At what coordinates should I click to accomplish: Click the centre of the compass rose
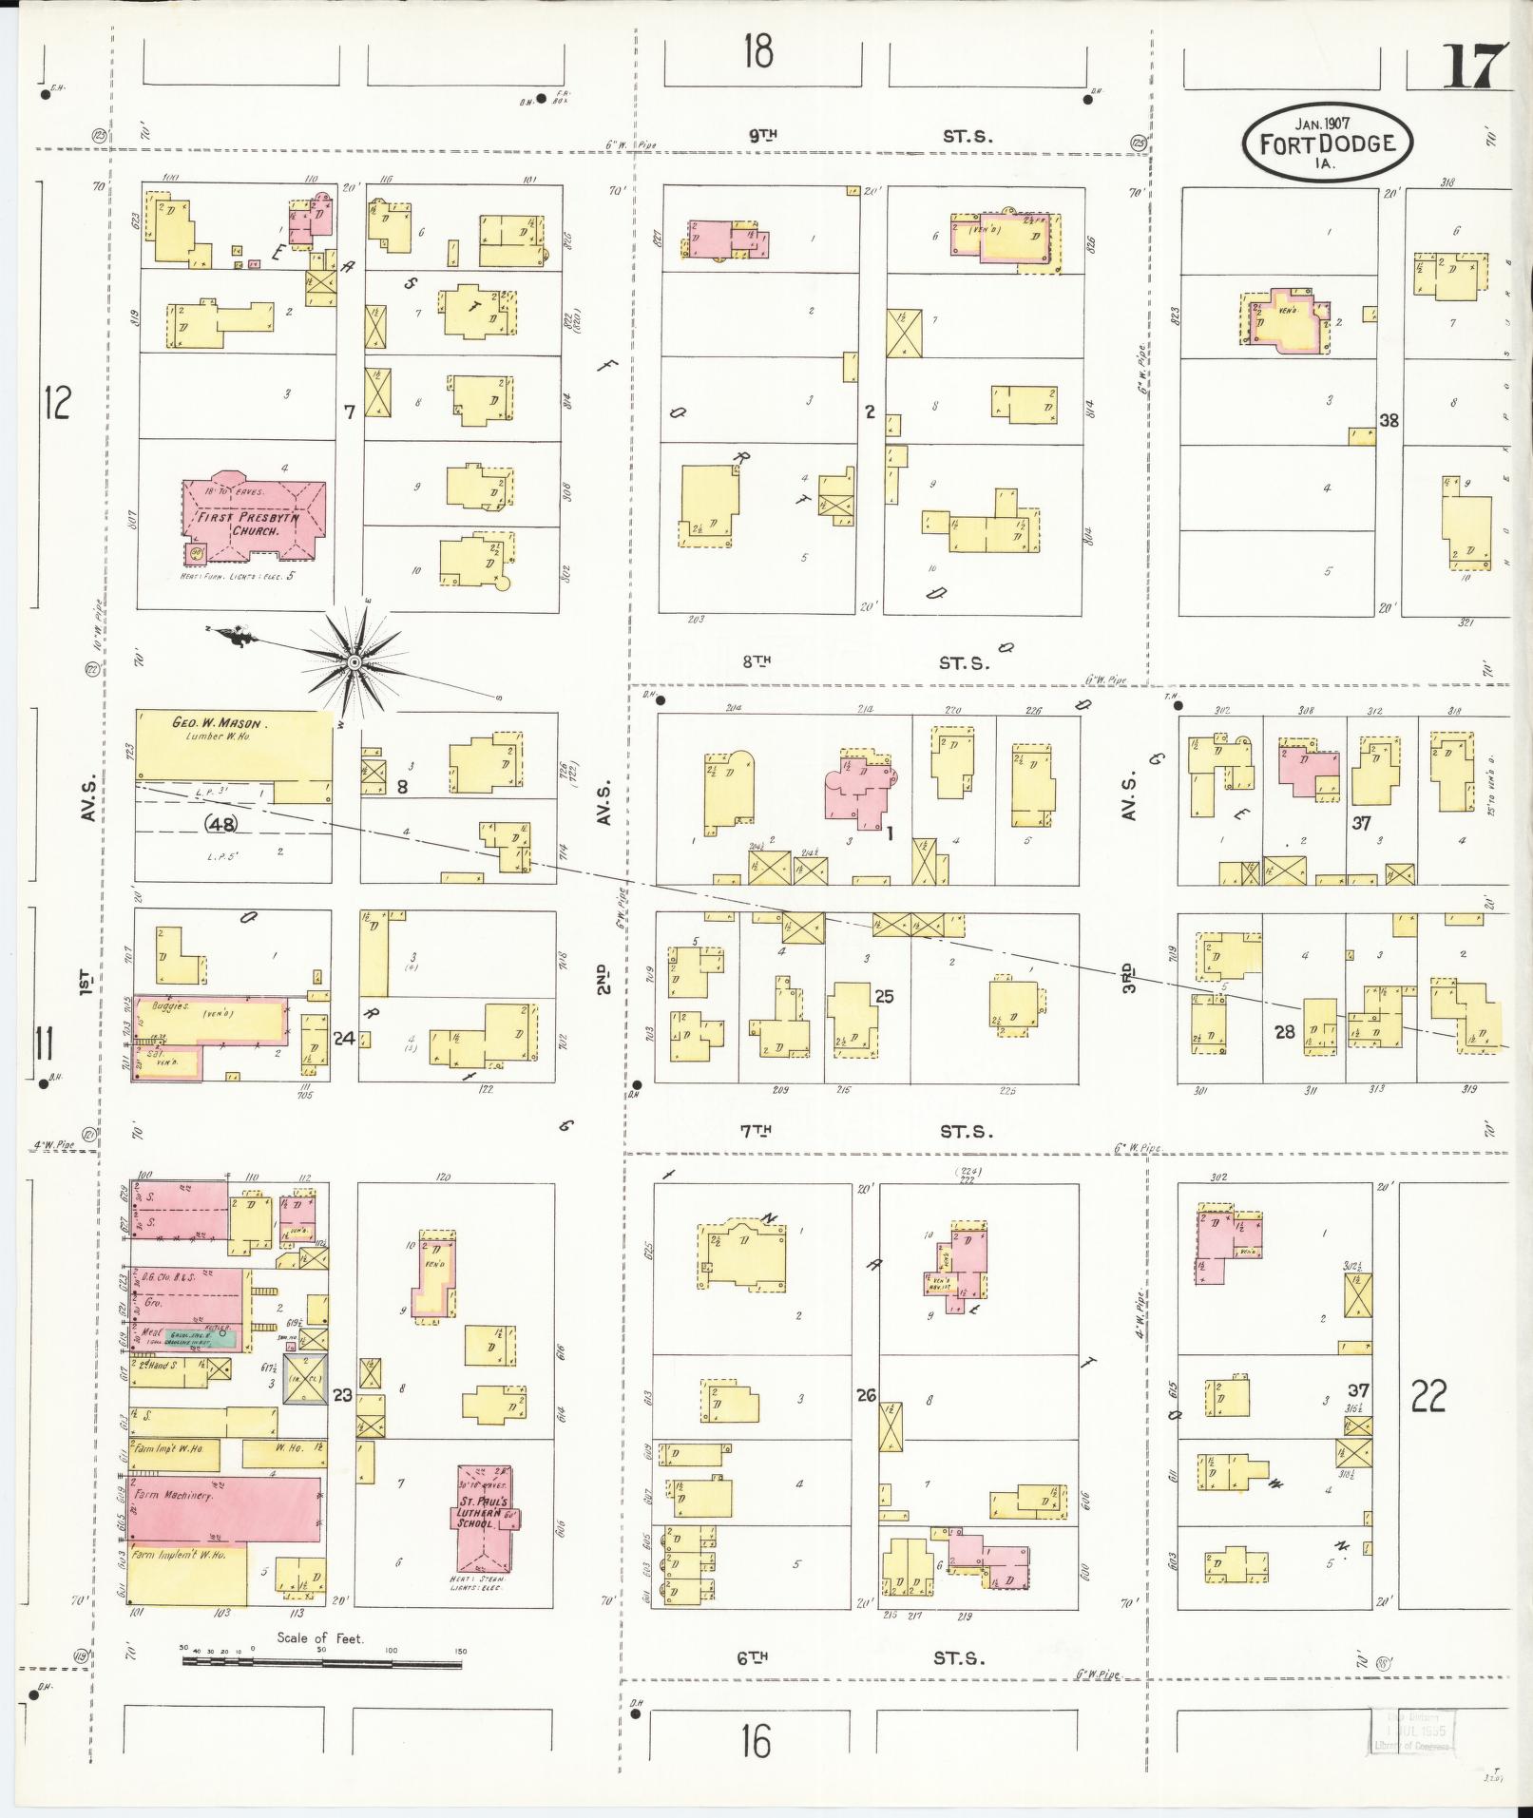[355, 660]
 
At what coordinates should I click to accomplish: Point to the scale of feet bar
[323, 1662]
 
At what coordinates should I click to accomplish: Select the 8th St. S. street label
[861, 662]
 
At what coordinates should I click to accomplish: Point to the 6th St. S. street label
[859, 1658]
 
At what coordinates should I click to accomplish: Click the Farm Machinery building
[226, 1521]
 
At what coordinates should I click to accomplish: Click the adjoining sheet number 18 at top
[758, 51]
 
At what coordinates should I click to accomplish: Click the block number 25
[885, 996]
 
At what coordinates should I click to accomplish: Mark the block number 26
[866, 1395]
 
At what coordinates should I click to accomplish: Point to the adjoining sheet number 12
[56, 404]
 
